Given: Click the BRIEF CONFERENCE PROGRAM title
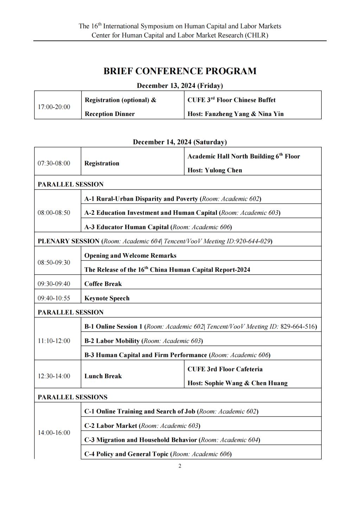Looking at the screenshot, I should click(180, 71).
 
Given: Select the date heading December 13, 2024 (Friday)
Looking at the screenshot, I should click(180, 86).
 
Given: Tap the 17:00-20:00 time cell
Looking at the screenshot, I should click(54, 107).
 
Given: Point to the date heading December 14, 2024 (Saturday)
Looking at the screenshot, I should click(180, 142).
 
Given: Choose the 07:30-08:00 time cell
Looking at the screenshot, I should click(54, 163).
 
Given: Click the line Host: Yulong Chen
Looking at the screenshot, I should click(215, 170).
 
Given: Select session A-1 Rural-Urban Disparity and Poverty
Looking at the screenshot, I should click(141, 199).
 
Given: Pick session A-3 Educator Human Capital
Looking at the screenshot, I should click(127, 227).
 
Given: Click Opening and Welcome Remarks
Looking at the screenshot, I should click(130, 256).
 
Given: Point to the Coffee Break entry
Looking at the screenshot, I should click(103, 284).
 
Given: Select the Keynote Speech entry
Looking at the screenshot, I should click(107, 298).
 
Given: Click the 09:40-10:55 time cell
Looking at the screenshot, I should click(54, 298).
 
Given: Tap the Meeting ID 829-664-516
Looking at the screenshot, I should click(298, 327).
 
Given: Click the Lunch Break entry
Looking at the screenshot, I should click(103, 376).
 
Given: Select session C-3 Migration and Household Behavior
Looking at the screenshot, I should click(141, 440).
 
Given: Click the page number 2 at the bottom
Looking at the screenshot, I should click(180, 466).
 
